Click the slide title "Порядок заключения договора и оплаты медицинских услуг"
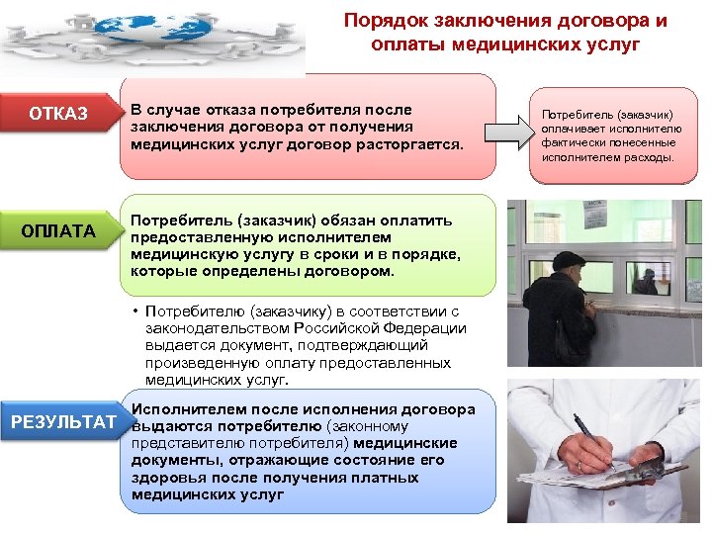(x=505, y=33)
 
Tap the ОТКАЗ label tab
(x=58, y=114)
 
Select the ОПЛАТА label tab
(x=58, y=231)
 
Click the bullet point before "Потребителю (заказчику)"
(x=135, y=311)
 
